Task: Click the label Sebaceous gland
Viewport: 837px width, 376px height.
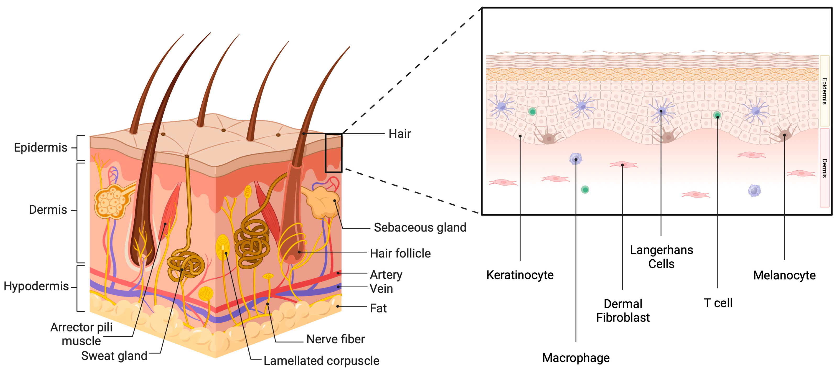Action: coord(420,227)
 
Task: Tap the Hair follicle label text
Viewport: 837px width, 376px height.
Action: coord(400,253)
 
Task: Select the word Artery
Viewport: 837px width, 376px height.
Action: coord(386,275)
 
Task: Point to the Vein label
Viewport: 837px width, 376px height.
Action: coord(381,289)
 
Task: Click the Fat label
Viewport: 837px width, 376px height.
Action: coord(378,308)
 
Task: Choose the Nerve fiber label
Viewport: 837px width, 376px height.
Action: coord(335,339)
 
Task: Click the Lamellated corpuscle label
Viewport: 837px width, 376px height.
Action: coord(321,361)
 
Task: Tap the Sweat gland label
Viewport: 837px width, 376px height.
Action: coord(114,356)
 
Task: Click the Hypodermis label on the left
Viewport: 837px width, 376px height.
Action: coord(36,286)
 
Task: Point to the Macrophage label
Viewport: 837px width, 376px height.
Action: coord(576,358)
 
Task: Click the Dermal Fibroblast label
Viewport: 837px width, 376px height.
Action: coord(623,311)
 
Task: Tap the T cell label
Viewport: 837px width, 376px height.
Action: coord(718,303)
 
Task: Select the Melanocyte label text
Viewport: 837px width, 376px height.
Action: coord(784,275)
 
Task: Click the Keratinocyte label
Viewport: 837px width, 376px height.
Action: coord(520,275)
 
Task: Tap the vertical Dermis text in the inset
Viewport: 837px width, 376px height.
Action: coord(824,168)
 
